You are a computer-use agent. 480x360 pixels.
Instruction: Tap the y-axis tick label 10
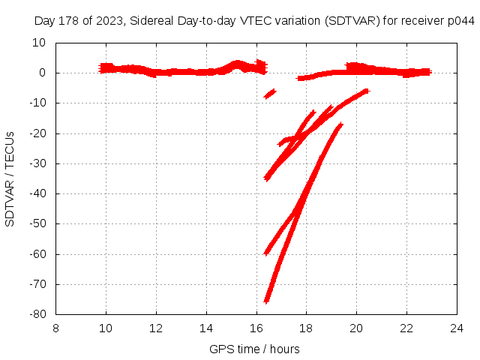pyautogui.click(x=40, y=43)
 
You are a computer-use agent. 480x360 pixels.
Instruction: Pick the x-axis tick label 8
pyautogui.click(x=56, y=328)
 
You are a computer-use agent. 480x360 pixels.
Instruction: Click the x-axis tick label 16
pyautogui.click(x=256, y=328)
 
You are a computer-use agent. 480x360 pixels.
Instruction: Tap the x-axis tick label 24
pyautogui.click(x=457, y=328)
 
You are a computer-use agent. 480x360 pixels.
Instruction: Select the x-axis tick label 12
pyautogui.click(x=156, y=328)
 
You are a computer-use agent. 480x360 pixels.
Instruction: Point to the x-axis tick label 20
pyautogui.click(x=356, y=328)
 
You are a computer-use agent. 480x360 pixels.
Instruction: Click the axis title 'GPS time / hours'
pyautogui.click(x=254, y=349)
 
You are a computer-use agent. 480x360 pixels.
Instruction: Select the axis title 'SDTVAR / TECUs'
pyautogui.click(x=10, y=178)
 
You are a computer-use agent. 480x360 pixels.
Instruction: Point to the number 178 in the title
pyautogui.click(x=67, y=22)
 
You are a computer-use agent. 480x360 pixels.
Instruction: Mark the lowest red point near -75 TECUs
pyautogui.click(x=266, y=300)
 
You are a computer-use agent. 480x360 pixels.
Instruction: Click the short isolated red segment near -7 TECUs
pyautogui.click(x=269, y=94)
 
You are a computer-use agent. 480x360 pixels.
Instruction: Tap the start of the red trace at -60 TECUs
pyautogui.click(x=266, y=253)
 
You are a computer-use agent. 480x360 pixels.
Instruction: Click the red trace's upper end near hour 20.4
pyautogui.click(x=366, y=91)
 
